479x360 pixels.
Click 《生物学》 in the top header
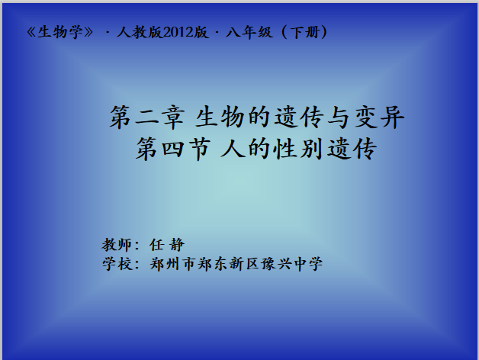(x=59, y=32)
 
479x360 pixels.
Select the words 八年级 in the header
(x=249, y=32)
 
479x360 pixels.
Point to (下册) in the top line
(x=304, y=32)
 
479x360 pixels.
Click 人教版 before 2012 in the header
(x=140, y=32)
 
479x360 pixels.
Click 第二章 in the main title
(x=147, y=117)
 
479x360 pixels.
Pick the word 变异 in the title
(x=380, y=117)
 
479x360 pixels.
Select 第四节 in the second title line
(x=173, y=149)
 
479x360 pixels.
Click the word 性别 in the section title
(x=297, y=149)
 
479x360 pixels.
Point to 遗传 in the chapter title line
(x=299, y=117)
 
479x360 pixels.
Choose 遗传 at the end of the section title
(x=352, y=149)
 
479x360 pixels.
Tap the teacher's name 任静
(x=167, y=245)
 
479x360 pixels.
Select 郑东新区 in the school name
(x=229, y=264)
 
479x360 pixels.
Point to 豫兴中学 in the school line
(x=291, y=264)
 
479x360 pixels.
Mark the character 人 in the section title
(x=233, y=149)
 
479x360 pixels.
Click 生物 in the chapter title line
(x=220, y=117)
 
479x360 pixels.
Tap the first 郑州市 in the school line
(x=172, y=264)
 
